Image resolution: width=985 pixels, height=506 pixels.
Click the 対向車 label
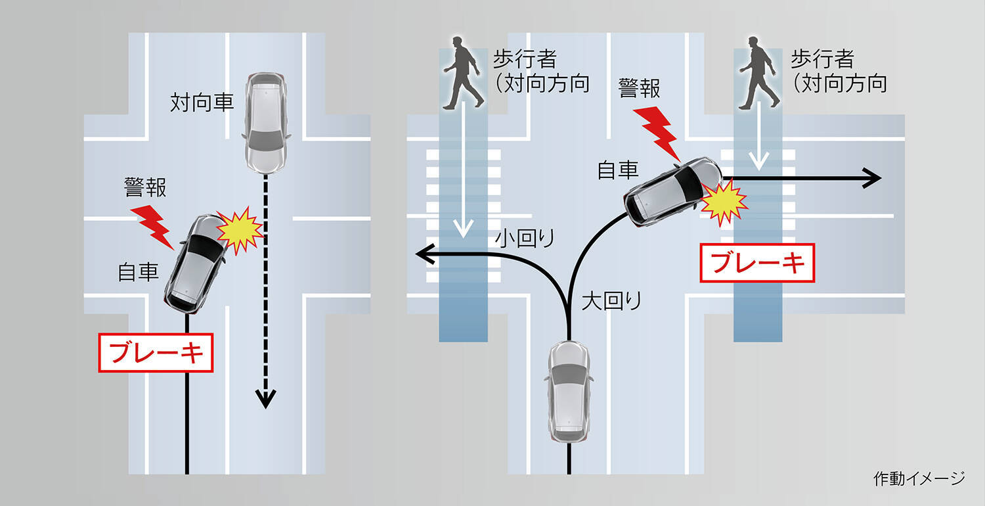pos(202,103)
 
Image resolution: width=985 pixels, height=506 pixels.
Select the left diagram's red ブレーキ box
pos(156,353)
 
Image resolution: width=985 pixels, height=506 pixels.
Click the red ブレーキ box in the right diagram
pos(758,263)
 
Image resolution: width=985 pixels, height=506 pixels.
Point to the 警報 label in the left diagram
pos(145,189)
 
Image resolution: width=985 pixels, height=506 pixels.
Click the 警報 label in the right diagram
pos(640,88)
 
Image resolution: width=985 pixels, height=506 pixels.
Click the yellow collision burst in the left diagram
pos(239,229)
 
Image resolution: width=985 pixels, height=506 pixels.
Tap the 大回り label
pos(611,301)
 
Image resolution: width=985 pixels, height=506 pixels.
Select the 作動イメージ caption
pos(919,478)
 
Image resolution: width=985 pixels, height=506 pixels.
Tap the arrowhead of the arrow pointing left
pos(424,253)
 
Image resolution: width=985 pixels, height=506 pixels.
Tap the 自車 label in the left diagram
pos(139,271)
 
